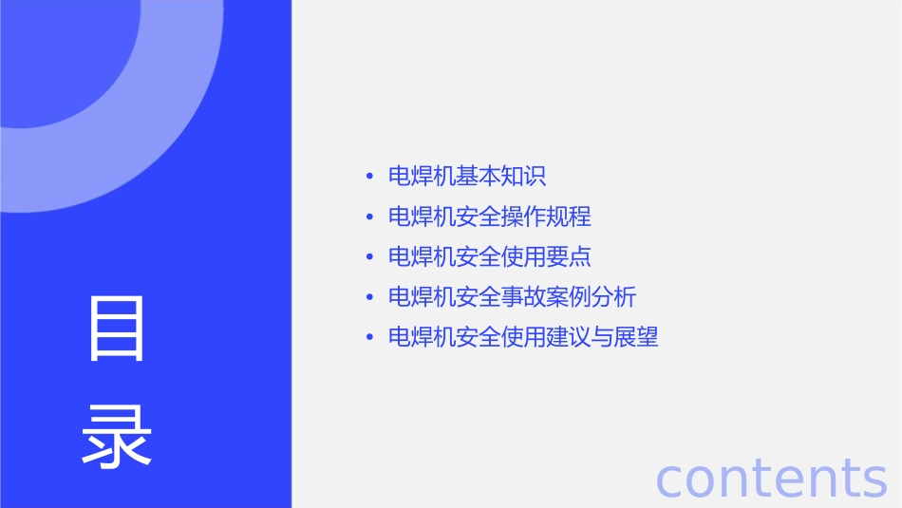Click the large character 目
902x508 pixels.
click(117, 328)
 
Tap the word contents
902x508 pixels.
click(771, 478)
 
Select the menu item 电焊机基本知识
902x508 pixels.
click(467, 177)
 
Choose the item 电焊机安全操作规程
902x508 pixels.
click(490, 216)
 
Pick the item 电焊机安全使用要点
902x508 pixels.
click(490, 256)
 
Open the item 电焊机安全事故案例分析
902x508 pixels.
click(513, 297)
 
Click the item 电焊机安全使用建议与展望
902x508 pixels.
click(523, 337)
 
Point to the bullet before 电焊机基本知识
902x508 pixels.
click(368, 178)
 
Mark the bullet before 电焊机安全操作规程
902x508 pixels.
click(368, 217)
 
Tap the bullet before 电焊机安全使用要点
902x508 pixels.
click(368, 257)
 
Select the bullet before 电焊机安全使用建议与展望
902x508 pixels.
click(368, 338)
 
